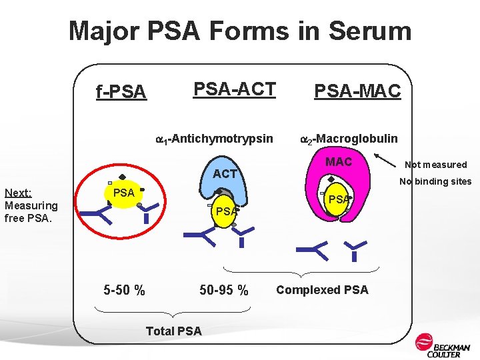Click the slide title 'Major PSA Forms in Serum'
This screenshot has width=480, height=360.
240,31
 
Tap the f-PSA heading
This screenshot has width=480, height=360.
121,92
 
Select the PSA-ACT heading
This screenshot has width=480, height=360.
234,89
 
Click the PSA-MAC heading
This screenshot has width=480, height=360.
357,91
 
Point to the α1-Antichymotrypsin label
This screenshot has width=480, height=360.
214,139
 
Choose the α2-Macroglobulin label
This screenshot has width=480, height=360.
349,139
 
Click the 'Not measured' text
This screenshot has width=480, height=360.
436,165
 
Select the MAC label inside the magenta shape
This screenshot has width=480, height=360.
339,162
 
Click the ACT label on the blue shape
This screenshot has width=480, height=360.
225,174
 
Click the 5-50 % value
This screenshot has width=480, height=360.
125,290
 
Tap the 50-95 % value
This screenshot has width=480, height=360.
224,290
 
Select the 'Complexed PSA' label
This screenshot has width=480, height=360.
322,290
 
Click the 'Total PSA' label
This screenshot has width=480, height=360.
173,331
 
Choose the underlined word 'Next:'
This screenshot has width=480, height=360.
19,193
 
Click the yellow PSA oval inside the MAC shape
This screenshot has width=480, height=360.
339,199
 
